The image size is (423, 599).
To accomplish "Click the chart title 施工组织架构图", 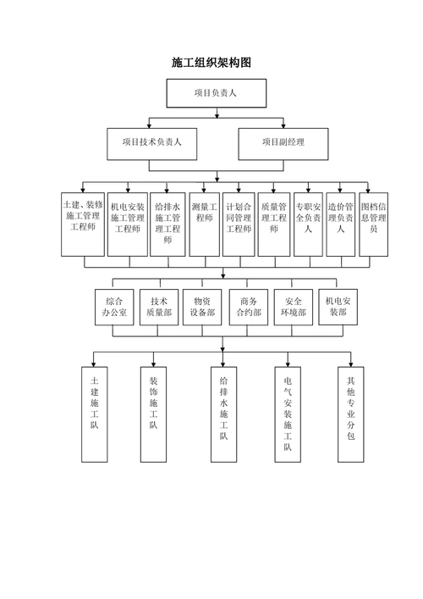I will click(x=211, y=63).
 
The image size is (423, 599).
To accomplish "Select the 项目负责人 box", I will click(x=216, y=93).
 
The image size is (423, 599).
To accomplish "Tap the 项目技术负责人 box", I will click(x=151, y=143).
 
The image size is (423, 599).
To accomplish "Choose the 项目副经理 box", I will click(x=283, y=143).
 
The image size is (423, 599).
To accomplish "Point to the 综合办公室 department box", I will click(x=113, y=306).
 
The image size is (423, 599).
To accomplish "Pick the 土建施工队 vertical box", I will click(x=95, y=413).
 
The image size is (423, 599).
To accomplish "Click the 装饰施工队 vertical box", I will click(x=154, y=413).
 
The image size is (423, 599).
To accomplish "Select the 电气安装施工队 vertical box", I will click(x=288, y=413).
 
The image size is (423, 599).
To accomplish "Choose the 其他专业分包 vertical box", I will click(x=350, y=413).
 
